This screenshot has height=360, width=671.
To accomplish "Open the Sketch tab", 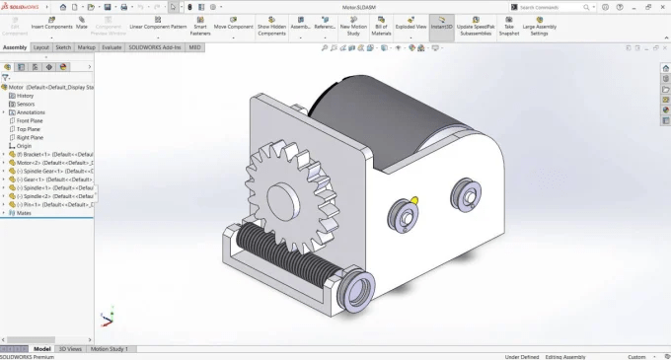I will (x=63, y=46).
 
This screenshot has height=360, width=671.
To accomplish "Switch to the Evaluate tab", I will (x=112, y=46).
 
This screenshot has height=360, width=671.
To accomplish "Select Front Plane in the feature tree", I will (x=30, y=120).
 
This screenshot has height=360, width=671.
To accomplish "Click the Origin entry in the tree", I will (x=24, y=145).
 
